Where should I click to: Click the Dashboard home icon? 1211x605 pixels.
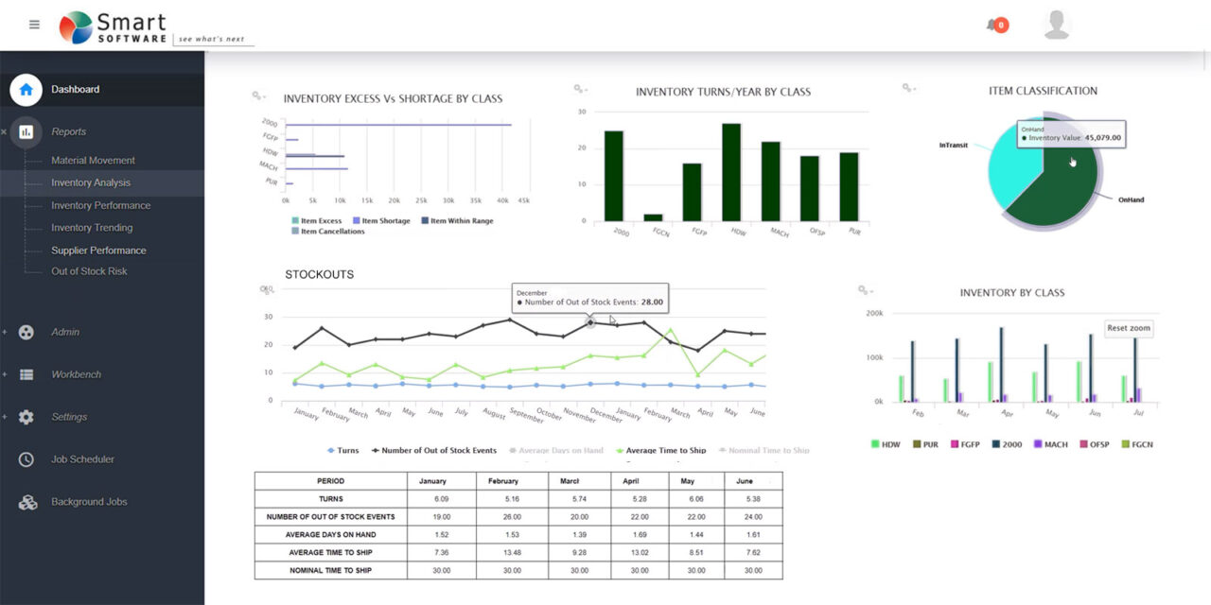[x=26, y=90]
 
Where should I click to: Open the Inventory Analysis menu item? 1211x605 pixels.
[x=91, y=182]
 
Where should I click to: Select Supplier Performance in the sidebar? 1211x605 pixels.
[x=98, y=251]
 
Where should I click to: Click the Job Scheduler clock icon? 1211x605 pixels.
[x=26, y=459]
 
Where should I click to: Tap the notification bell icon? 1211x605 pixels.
[x=992, y=26]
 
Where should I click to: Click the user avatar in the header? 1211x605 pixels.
[x=1057, y=26]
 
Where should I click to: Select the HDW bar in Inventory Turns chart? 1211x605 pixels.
[x=731, y=172]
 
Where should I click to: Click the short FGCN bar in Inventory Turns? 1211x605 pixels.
[x=654, y=217]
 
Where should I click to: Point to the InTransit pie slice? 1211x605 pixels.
[x=1012, y=170]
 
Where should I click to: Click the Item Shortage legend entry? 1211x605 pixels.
[x=382, y=221]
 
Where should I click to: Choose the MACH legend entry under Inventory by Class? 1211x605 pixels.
[x=1050, y=444]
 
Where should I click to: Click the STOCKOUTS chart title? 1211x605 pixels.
[x=319, y=275]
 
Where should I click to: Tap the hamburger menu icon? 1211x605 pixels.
[x=35, y=25]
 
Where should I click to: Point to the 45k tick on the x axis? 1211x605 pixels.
[x=523, y=200]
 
